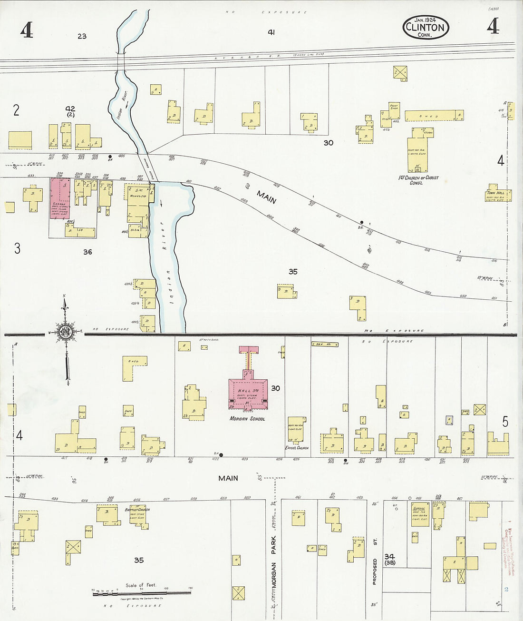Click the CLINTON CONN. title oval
[426, 27]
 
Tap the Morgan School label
[247, 419]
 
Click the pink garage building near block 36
[60, 198]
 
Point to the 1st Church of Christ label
[418, 179]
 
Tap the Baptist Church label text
[137, 510]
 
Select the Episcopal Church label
[297, 448]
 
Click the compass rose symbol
[65, 332]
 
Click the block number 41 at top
[271, 32]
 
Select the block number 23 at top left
[82, 36]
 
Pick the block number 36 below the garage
[87, 252]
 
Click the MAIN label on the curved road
[266, 197]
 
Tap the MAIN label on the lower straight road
[228, 478]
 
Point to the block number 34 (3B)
[390, 559]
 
